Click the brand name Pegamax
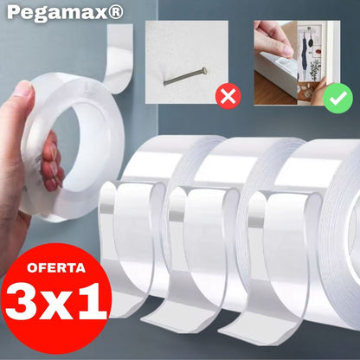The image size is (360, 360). click(x=57, y=13)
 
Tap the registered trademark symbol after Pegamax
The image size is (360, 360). click(x=116, y=12)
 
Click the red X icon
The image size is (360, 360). click(x=228, y=96)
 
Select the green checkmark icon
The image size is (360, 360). click(x=337, y=99)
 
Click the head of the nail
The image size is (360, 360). click(x=204, y=70)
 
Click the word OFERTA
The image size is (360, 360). click(x=56, y=267)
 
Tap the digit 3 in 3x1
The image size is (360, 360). click(x=25, y=301)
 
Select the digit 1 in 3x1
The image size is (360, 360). click(x=93, y=301)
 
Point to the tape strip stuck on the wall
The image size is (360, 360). click(x=119, y=58)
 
